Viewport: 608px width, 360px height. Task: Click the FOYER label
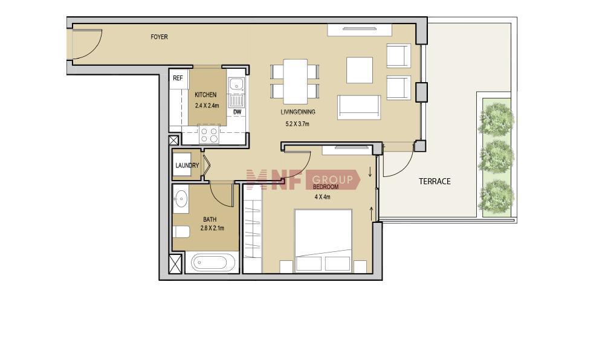coord(159,37)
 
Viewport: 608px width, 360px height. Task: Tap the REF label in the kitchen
coord(178,79)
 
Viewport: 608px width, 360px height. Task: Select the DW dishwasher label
coord(238,112)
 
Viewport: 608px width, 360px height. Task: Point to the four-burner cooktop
coord(209,135)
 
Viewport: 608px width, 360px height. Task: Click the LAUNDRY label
coord(187,166)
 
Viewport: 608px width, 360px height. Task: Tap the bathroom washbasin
coord(181,199)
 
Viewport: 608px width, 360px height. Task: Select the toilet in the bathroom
coord(181,232)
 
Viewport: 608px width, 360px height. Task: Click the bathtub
coord(210,262)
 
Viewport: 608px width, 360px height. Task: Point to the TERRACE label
coord(435,181)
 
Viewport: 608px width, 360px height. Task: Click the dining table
coord(295,82)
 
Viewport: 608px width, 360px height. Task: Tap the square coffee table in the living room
coord(360,70)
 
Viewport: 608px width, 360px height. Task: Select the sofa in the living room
coord(359,108)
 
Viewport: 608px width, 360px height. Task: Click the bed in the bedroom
coord(323,240)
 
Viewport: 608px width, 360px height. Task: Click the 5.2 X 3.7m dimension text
coord(297,124)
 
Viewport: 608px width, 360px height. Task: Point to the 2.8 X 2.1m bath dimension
coord(212,228)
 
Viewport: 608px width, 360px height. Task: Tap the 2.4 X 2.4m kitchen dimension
coord(207,106)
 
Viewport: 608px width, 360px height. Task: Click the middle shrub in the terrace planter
coord(496,156)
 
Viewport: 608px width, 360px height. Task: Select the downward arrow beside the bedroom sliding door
coord(370,172)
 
